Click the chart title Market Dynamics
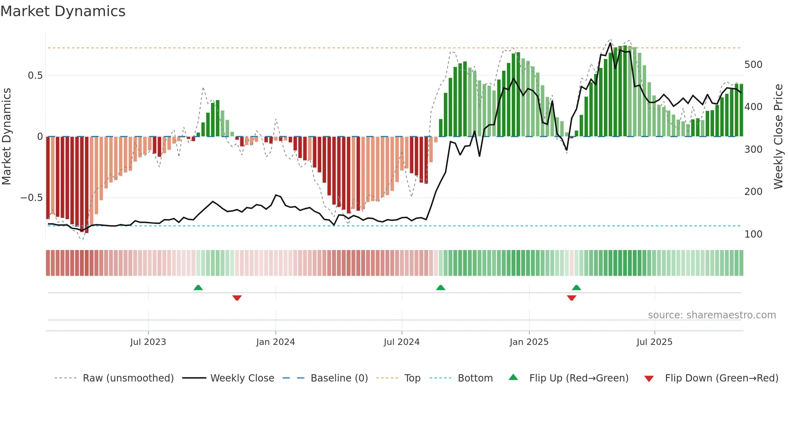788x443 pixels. tap(63, 11)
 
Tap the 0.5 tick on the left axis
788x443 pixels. tap(35, 76)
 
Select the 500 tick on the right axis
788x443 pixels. tap(753, 65)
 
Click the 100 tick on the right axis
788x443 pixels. tap(753, 234)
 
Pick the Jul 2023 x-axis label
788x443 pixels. tap(148, 342)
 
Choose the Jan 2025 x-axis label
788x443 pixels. tap(529, 342)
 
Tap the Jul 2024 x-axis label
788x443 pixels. tap(401, 342)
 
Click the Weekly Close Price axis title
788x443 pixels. tap(778, 136)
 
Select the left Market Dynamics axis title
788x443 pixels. tap(6, 136)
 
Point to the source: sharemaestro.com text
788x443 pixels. tap(712, 315)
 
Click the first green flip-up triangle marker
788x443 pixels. tap(198, 287)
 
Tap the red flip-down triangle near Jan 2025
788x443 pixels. tap(571, 298)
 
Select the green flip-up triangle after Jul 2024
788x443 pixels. tap(441, 287)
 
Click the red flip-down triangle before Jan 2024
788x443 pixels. tap(237, 298)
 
